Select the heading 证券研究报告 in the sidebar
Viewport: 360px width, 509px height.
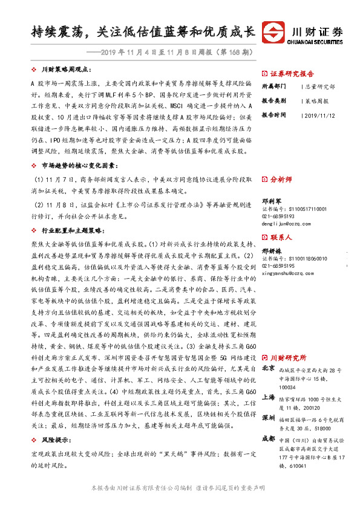[x=292, y=71]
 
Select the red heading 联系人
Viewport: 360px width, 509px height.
[x=281, y=237]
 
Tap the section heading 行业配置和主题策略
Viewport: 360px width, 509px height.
[x=67, y=231]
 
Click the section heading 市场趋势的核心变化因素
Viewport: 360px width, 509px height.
[x=70, y=165]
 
